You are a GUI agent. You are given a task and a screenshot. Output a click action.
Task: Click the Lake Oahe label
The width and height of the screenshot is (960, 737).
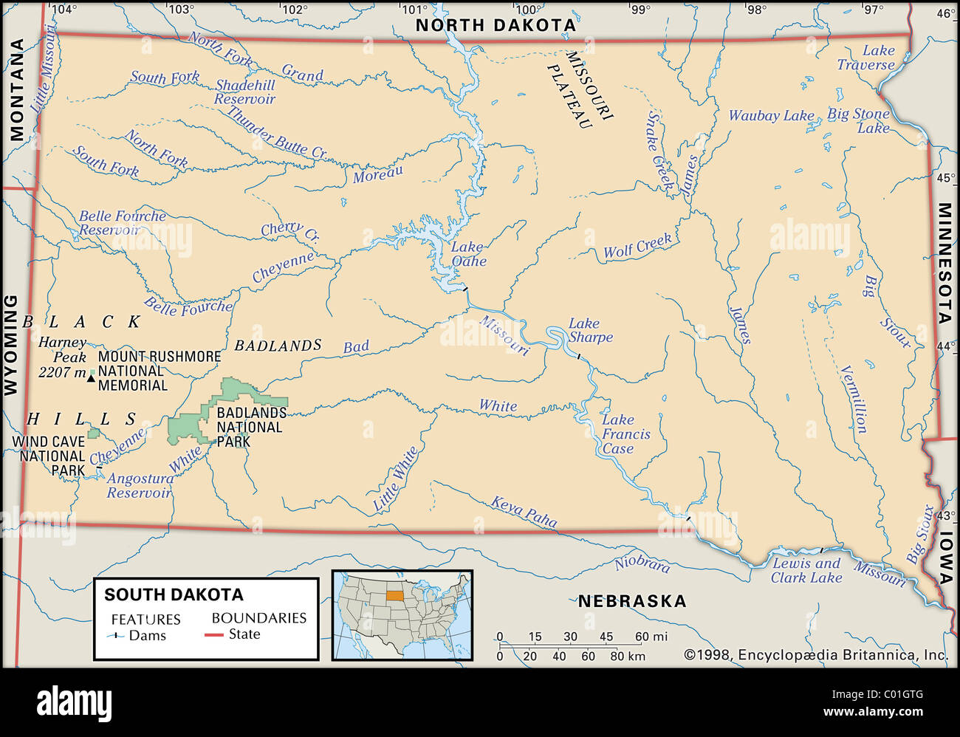[469, 254]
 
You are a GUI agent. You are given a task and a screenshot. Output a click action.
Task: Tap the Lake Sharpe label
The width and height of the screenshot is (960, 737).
[590, 330]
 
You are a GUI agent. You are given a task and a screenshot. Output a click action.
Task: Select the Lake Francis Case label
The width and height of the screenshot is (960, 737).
[625, 434]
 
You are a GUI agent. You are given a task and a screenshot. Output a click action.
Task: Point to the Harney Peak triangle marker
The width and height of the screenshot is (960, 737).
[91, 378]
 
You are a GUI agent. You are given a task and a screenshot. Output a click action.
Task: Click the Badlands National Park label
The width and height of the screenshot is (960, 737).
[251, 427]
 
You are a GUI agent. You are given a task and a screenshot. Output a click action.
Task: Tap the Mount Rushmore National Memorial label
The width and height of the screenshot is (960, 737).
[159, 371]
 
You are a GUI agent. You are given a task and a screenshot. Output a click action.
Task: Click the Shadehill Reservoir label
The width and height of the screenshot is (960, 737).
[245, 92]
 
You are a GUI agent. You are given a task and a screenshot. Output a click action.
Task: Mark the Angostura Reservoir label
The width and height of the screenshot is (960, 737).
[140, 485]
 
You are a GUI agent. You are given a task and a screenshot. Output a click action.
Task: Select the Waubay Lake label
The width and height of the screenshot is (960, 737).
[771, 116]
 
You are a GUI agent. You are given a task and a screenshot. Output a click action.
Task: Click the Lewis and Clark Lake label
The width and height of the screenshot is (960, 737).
[806, 570]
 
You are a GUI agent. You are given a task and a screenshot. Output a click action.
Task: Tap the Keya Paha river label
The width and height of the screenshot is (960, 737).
[524, 511]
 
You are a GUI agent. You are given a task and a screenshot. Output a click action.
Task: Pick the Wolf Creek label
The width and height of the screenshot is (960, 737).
[637, 246]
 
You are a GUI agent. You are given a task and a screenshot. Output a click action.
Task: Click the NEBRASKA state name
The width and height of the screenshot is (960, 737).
[631, 601]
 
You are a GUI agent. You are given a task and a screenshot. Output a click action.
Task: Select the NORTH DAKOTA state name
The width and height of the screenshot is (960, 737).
[496, 25]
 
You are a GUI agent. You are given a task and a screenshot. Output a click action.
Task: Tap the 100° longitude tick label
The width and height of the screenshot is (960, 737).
[527, 10]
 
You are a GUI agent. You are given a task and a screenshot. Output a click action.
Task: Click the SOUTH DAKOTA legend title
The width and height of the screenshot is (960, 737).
[174, 594]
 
